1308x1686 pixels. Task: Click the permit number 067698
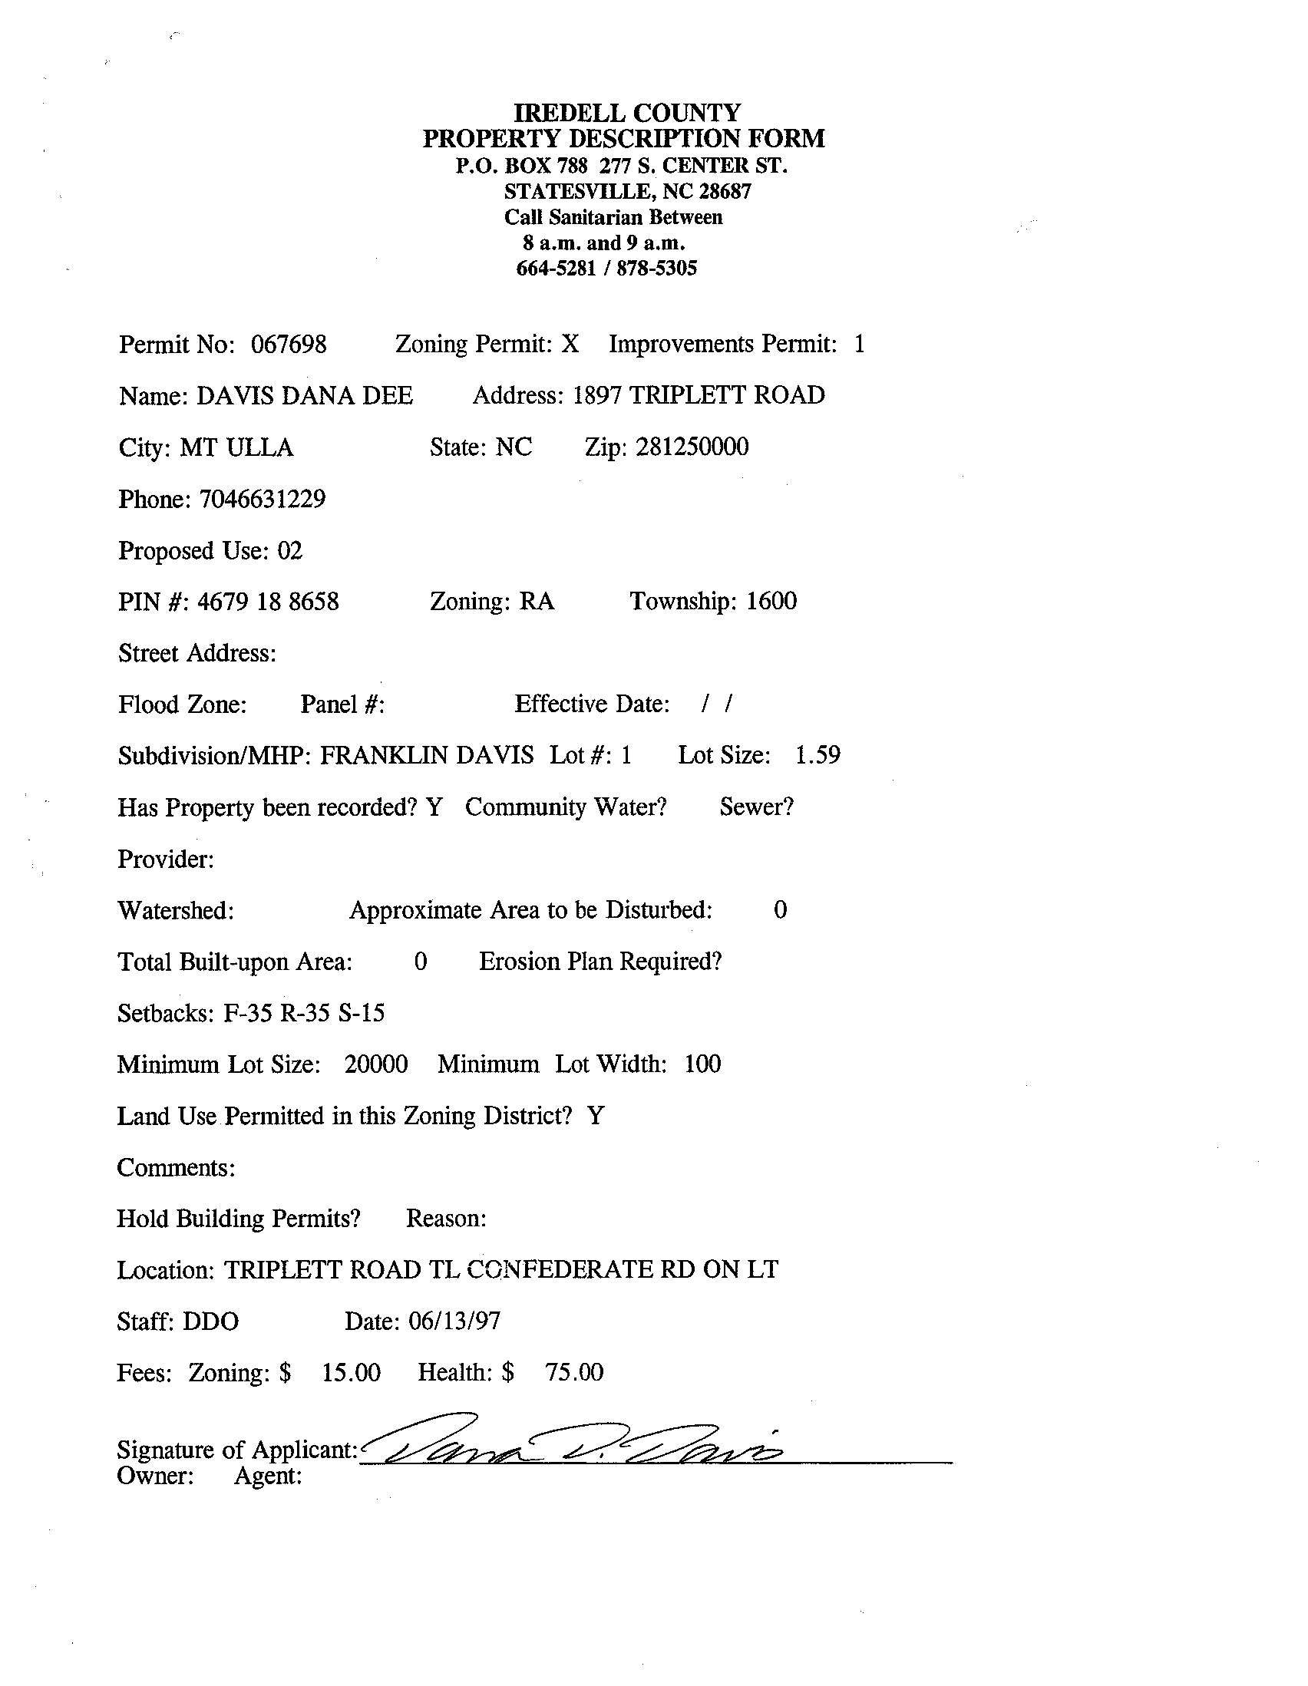289,345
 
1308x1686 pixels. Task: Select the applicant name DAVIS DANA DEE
304,396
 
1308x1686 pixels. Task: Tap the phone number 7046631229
263,500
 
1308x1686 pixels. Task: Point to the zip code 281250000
692,447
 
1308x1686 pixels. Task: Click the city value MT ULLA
236,447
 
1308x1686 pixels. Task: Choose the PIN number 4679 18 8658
268,602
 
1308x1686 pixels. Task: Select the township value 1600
771,602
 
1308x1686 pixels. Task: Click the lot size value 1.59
817,756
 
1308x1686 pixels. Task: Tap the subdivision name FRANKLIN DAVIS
426,756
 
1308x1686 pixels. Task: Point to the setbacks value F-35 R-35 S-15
304,1013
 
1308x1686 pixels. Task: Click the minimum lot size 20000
376,1065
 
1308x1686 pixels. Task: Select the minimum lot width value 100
702,1064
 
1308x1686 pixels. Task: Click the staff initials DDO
210,1321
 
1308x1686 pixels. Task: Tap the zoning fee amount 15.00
352,1374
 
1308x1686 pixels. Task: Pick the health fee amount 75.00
574,1374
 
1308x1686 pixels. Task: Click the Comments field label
176,1168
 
